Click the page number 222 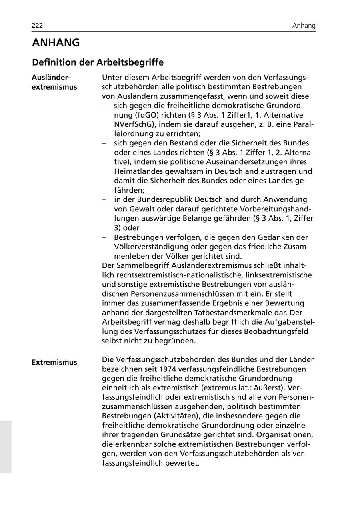(37, 26)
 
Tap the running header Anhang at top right (304, 26)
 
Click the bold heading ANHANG (56, 43)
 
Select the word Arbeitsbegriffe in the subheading (130, 62)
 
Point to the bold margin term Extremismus (54, 363)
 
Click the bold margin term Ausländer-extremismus (54, 82)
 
